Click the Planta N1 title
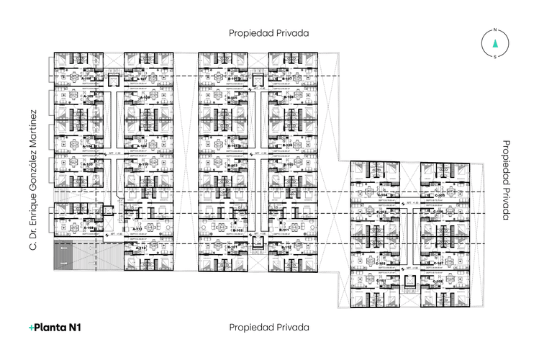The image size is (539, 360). pos(55,327)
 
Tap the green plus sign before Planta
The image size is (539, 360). pos(32,328)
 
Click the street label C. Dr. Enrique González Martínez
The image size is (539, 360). pos(32,180)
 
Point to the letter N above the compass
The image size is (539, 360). pos(494,30)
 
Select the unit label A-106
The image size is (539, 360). pos(88,77)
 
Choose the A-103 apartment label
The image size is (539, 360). pos(88,164)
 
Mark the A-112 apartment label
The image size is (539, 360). pos(142,248)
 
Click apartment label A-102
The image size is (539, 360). pos(88,228)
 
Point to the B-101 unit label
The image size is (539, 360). pos(232,247)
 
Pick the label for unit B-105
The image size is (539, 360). pos(232,99)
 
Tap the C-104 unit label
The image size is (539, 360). pos(382,194)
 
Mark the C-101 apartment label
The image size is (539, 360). pos(382,280)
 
